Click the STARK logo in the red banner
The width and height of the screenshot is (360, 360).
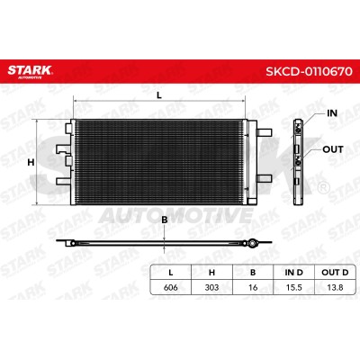30,71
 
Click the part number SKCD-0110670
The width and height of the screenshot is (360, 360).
309,71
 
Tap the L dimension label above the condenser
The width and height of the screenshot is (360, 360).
159,95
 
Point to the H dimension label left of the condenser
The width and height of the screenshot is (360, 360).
31,162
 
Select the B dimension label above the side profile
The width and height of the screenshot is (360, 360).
165,220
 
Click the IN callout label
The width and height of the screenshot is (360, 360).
332,113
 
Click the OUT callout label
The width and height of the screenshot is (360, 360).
333,149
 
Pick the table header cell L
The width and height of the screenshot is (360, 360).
171,273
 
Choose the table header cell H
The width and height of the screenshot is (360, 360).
211,273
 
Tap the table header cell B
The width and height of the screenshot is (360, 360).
253,273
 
